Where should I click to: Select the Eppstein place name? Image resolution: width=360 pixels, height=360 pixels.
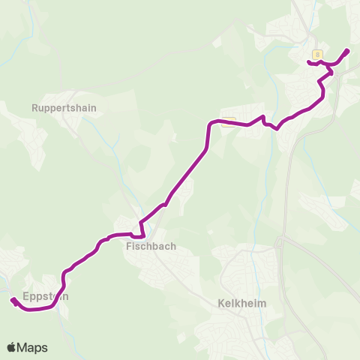[x=46, y=296]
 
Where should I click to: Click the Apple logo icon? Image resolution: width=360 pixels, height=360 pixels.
[x=11, y=347]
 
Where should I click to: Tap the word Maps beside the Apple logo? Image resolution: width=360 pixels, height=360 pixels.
[x=32, y=347]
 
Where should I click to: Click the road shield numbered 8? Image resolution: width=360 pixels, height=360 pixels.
[x=318, y=54]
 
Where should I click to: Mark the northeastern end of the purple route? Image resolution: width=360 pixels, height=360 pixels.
[x=347, y=50]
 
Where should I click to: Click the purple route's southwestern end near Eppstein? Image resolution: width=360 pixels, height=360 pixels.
[x=13, y=301]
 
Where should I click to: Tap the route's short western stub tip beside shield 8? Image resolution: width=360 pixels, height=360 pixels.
[x=309, y=63]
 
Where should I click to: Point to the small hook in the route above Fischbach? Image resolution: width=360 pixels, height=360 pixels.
[x=139, y=238]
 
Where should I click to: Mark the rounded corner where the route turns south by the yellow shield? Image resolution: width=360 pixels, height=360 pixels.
[x=211, y=124]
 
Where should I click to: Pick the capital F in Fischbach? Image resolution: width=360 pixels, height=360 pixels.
[x=129, y=245]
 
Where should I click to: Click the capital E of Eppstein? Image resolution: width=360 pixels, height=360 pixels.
[x=26, y=296]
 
